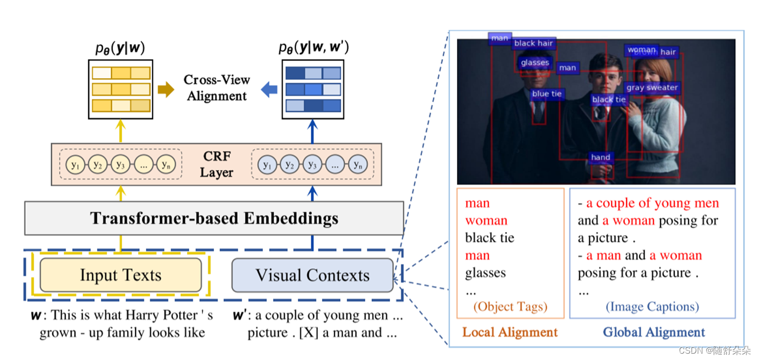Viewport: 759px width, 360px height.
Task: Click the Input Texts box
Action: tap(120, 275)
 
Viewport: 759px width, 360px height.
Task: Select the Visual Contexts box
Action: tap(312, 275)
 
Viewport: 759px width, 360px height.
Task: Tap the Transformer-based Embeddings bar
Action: tap(214, 218)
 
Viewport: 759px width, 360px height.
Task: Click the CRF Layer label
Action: tap(217, 164)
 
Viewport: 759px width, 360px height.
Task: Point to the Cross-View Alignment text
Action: tap(217, 88)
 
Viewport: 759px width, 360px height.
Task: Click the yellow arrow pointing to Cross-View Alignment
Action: tap(166, 90)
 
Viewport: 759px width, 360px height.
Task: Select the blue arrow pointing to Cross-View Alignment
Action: tap(269, 90)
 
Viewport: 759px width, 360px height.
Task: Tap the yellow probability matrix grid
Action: tap(121, 89)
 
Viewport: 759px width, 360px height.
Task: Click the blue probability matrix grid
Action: tap(313, 89)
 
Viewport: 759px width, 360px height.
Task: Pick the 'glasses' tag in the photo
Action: tap(534, 63)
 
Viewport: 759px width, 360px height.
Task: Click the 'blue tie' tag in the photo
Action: tap(547, 94)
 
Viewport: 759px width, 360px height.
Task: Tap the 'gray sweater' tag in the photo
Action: tap(652, 88)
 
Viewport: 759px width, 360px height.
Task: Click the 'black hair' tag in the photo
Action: tap(533, 44)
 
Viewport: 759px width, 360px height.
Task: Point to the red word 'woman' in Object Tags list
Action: tap(486, 221)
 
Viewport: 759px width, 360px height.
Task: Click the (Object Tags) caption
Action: tap(510, 307)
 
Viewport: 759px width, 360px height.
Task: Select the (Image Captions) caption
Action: tap(652, 307)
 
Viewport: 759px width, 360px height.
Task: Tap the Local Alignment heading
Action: tap(510, 333)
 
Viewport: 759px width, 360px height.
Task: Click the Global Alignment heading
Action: tap(654, 333)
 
